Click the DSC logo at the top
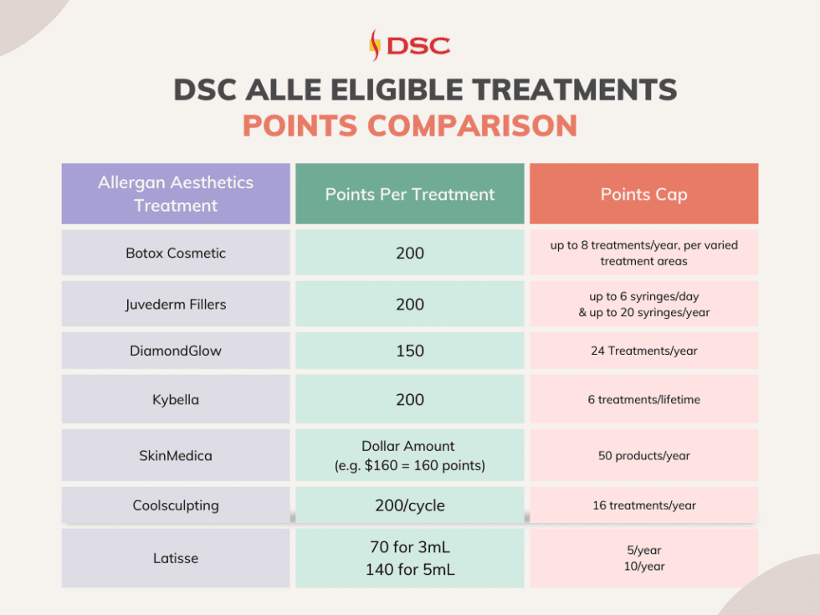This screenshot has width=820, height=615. [x=409, y=44]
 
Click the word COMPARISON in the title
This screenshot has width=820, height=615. [x=472, y=126]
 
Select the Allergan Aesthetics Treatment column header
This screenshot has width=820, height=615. [x=176, y=194]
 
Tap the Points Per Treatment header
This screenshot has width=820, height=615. [x=410, y=194]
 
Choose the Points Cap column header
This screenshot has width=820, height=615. [x=643, y=194]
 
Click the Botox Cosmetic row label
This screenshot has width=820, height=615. [x=176, y=253]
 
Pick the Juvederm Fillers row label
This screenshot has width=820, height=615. [x=176, y=304]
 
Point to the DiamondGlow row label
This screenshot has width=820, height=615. [x=176, y=351]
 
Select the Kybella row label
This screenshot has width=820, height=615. [x=176, y=399]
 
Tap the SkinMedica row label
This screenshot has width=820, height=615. [x=176, y=455]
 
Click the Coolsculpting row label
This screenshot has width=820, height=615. [x=176, y=505]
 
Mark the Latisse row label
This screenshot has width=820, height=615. [x=176, y=557]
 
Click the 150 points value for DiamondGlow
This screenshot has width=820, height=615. [x=410, y=351]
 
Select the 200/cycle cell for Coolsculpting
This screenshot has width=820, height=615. [x=410, y=505]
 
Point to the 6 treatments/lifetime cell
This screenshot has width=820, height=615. [x=643, y=399]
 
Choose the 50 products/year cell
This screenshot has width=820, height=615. [x=643, y=455]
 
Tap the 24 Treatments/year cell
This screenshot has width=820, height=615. [x=643, y=351]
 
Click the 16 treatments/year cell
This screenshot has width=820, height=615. [x=643, y=505]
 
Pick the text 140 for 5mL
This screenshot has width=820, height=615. [x=410, y=569]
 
